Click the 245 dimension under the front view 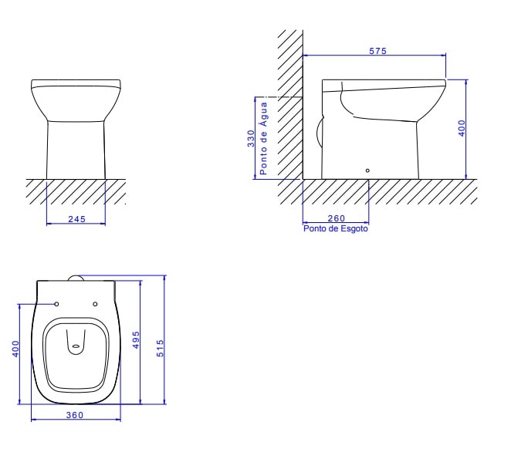76,219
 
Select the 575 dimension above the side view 377,50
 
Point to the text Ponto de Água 264,138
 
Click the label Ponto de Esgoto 335,229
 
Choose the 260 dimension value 336,219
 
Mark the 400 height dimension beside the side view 462,128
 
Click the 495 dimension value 135,339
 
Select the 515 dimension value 160,347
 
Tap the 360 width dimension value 75,415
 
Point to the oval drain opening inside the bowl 76,346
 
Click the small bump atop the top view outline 76,278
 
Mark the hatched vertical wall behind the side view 290,108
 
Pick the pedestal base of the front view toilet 76,150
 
